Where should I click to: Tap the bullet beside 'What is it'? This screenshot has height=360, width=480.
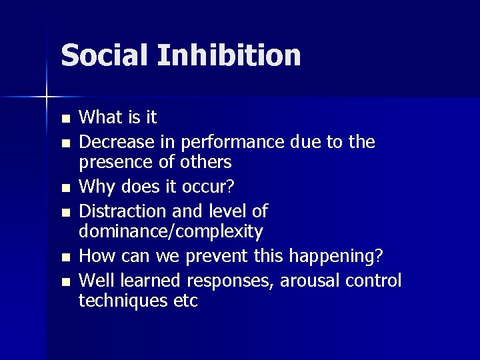coord(64,119)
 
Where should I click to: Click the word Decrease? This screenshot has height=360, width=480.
coord(116,141)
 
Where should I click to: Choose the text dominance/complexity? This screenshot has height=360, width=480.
coord(171,232)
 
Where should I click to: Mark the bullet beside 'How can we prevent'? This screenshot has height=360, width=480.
coord(64,258)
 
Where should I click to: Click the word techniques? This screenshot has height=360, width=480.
coord(121,301)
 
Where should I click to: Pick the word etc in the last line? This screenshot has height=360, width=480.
coord(183,301)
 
